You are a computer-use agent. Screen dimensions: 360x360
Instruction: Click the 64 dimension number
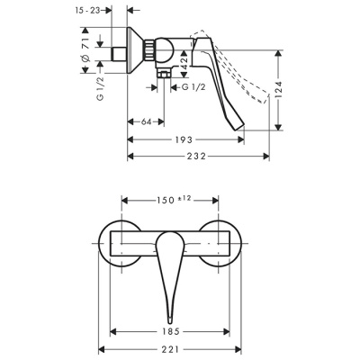(x=146, y=122)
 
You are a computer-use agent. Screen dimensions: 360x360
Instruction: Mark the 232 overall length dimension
(x=199, y=157)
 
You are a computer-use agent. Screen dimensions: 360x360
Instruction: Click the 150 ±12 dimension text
(x=171, y=199)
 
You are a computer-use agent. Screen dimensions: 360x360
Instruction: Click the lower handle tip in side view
(x=239, y=132)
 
